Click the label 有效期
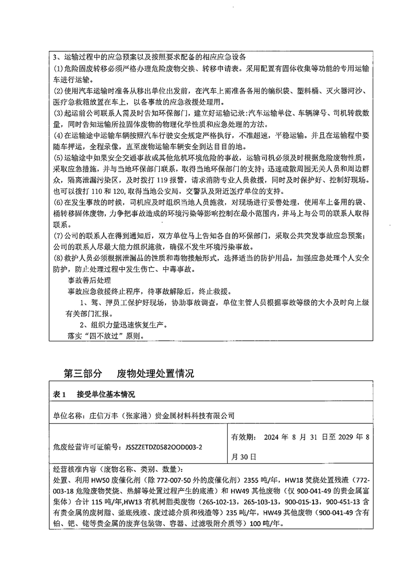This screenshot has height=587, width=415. (x=243, y=437)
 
